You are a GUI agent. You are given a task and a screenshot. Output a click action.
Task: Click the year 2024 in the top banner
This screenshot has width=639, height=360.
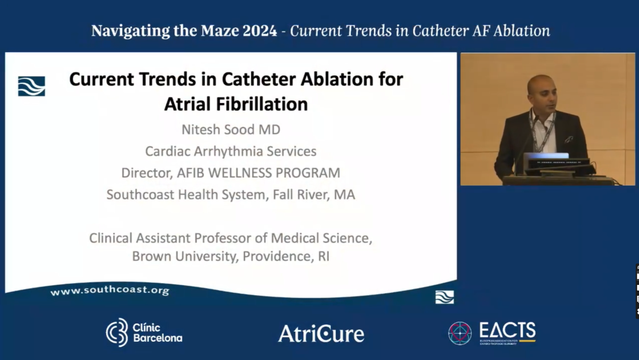tap(260, 31)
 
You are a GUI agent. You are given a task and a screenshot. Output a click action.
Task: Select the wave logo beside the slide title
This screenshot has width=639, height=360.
tap(32, 86)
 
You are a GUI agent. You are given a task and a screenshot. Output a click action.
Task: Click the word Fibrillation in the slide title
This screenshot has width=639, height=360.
tap(261, 104)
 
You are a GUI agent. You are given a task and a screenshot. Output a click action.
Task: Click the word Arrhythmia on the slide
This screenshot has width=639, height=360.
tap(229, 151)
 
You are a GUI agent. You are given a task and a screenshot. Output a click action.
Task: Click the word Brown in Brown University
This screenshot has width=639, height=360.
tap(152, 256)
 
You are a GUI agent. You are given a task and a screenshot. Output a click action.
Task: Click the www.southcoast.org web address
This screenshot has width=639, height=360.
tap(110, 290)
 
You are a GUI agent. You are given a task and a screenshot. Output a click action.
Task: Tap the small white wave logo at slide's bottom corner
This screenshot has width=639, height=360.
tap(444, 297)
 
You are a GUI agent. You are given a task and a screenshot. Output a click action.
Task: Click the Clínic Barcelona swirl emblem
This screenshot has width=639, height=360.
tap(117, 332)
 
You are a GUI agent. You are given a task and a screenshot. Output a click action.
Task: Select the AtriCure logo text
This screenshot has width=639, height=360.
tap(321, 333)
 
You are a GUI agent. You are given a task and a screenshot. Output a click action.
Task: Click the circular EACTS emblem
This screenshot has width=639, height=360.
tap(460, 333)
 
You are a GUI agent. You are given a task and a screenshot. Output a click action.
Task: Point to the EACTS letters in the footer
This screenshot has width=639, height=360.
tap(507, 330)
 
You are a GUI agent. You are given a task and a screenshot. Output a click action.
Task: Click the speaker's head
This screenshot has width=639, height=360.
tap(542, 89)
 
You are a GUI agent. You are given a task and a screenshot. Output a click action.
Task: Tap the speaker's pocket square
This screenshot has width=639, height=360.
tap(569, 140)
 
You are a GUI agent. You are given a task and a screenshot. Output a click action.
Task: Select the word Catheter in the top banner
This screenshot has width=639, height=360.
tap(440, 31)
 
